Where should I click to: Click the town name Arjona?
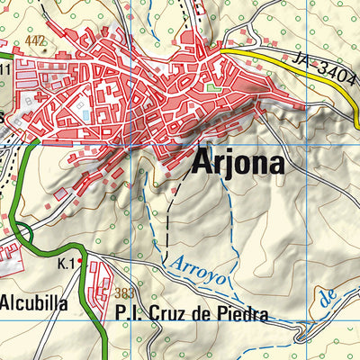click(238, 164)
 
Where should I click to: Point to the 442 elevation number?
click(35, 40)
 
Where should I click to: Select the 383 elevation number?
click(125, 294)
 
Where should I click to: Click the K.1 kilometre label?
click(65, 263)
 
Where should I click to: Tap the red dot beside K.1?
click(80, 261)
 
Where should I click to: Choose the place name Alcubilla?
click(34, 303)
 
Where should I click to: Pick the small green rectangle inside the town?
click(211, 87)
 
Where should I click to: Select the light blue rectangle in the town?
click(85, 114)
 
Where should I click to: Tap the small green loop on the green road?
click(24, 236)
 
